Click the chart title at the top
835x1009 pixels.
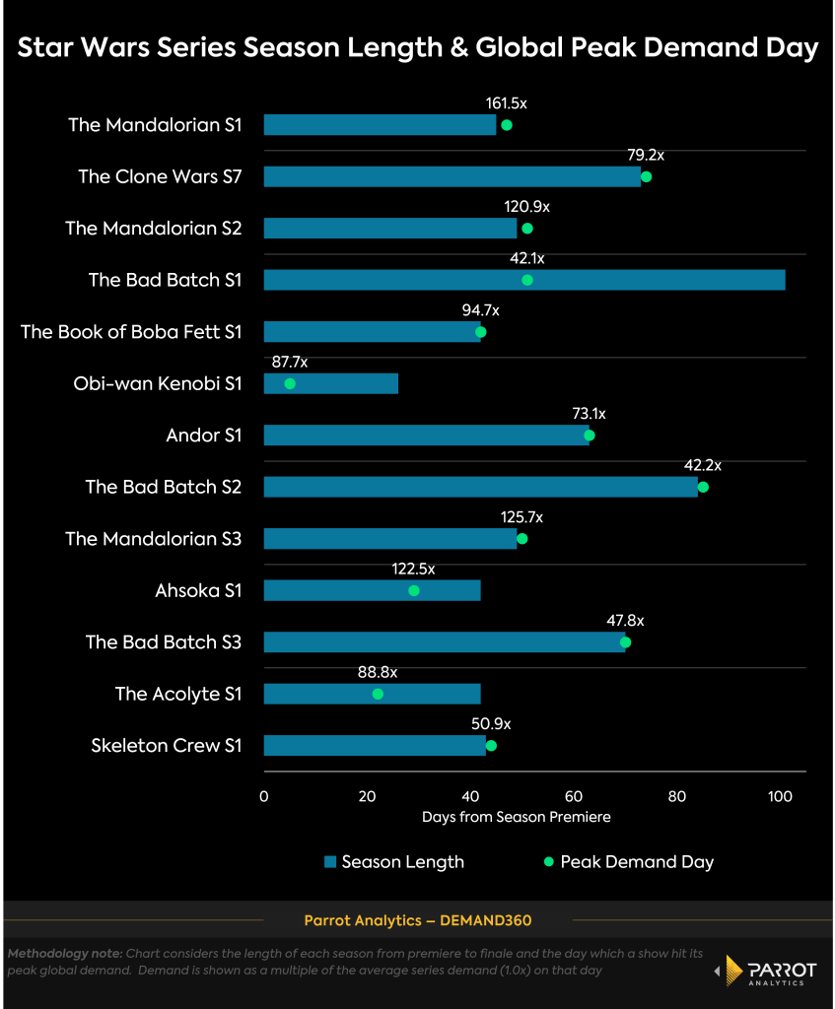417,48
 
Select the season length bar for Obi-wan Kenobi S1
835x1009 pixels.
330,383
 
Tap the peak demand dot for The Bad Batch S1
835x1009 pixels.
526,280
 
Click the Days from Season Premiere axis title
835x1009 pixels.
516,817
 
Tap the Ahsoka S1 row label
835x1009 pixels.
198,591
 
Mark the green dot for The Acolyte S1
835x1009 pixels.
378,695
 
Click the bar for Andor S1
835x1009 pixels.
426,436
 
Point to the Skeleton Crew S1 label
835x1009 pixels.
166,746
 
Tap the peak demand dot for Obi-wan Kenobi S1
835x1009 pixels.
290,383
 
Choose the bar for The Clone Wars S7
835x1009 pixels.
452,176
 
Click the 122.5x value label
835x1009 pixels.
413,569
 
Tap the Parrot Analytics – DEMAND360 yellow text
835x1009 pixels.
417,921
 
